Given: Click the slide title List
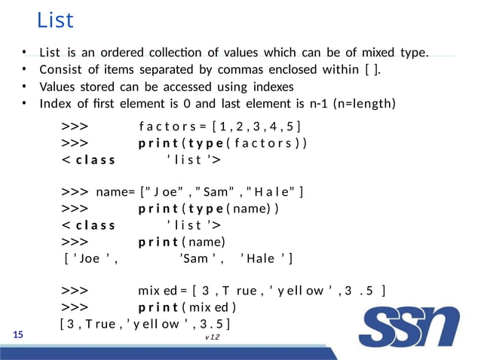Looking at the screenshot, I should click(55, 20).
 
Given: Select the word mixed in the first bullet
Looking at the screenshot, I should click(361, 53).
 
